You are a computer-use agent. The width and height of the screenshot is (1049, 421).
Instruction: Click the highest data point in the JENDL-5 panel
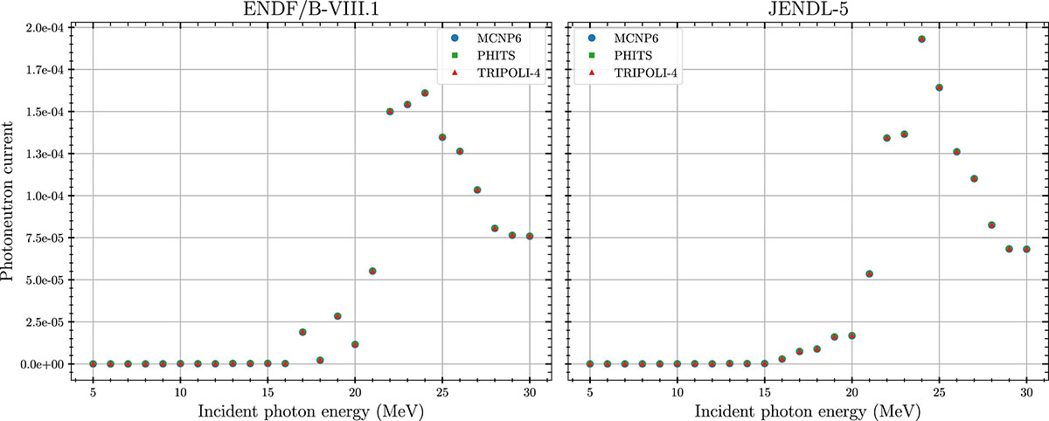tap(921, 39)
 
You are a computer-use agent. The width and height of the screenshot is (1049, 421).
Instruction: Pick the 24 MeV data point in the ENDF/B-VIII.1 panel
tap(425, 93)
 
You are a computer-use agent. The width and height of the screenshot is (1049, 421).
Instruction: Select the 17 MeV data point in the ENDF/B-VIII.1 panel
tap(302, 332)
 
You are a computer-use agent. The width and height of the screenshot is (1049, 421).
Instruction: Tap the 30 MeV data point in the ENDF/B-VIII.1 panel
tap(530, 237)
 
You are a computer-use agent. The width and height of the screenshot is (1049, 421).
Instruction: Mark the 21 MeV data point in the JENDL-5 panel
tap(869, 273)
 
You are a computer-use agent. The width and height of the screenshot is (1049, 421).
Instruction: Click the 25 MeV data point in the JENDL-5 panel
tap(939, 87)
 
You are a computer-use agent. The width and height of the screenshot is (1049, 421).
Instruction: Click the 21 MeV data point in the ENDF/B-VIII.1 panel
tap(372, 271)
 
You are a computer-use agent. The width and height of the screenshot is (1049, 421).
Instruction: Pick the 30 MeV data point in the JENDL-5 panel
tap(1026, 249)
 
